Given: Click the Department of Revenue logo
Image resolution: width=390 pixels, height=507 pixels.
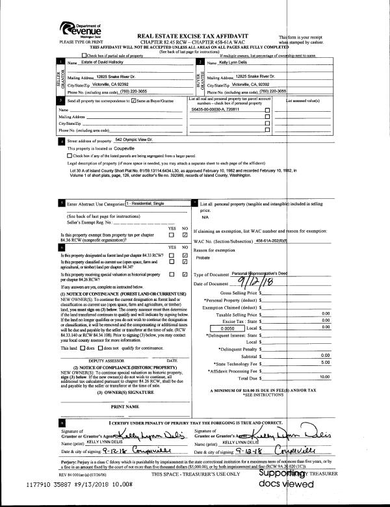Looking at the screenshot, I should (80, 28).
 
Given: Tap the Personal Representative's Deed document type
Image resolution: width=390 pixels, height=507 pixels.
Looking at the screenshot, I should (265, 274).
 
